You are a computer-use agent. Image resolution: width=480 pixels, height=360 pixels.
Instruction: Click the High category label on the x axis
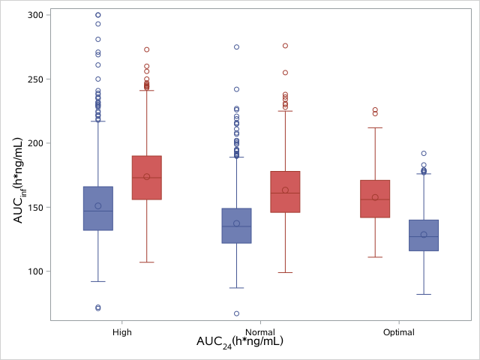click(122, 331)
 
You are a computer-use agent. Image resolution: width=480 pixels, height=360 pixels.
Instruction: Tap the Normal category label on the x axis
click(259, 331)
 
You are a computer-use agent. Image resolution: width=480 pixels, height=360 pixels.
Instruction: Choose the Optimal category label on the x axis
click(397, 331)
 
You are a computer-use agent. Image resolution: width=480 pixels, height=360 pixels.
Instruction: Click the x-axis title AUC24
click(239, 342)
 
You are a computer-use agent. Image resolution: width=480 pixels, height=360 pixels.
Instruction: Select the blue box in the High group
click(98, 208)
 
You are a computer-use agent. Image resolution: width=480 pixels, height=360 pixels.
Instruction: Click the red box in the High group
click(147, 178)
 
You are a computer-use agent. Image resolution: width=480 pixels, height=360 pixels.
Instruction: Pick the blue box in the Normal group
click(236, 226)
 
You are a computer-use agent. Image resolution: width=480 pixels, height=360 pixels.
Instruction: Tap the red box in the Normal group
click(285, 191)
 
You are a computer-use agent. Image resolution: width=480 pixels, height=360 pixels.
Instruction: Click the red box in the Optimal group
click(375, 199)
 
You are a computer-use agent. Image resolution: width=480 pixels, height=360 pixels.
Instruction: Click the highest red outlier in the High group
click(147, 49)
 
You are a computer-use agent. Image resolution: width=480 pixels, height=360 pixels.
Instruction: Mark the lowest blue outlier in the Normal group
click(236, 313)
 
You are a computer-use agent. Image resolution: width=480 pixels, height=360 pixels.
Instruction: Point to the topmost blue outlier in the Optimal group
click(424, 153)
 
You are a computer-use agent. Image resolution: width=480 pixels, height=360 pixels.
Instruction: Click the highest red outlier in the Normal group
click(285, 46)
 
